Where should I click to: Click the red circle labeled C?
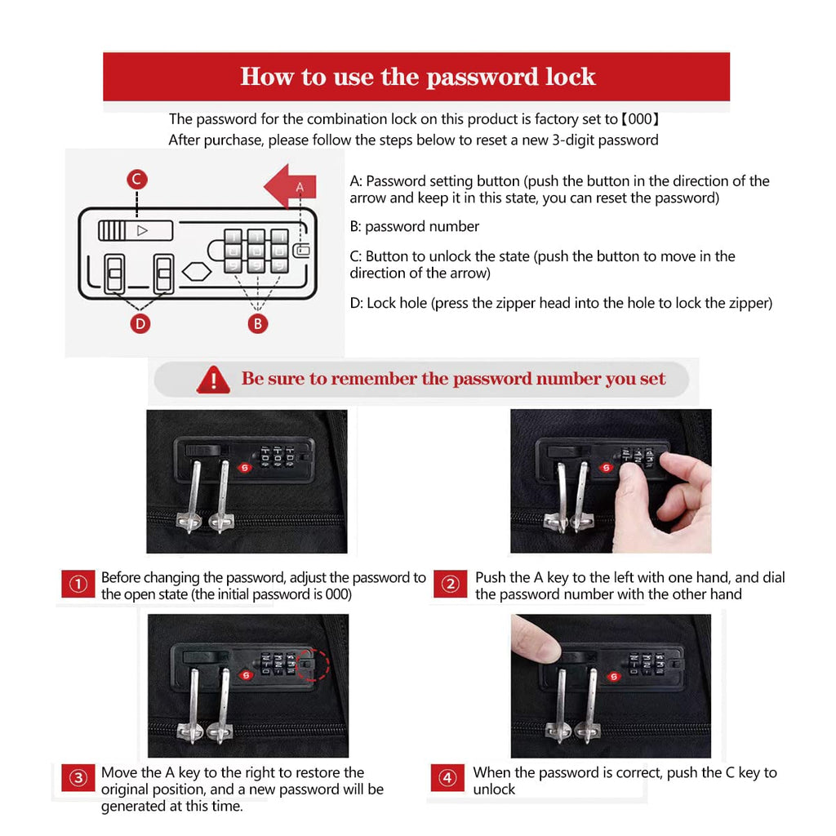click(x=137, y=179)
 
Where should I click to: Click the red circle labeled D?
click(x=140, y=323)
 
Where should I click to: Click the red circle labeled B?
click(x=257, y=323)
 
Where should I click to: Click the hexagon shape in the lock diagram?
click(x=197, y=271)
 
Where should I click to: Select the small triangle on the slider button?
click(x=142, y=231)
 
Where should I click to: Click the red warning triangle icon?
click(x=213, y=380)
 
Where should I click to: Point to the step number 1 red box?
click(x=78, y=585)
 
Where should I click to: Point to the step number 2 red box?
click(x=451, y=585)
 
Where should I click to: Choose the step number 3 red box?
click(x=78, y=778)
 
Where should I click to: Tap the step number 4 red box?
click(x=448, y=778)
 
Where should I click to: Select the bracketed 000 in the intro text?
click(x=640, y=119)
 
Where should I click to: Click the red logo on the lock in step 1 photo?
click(x=245, y=468)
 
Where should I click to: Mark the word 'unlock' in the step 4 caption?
click(x=494, y=789)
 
